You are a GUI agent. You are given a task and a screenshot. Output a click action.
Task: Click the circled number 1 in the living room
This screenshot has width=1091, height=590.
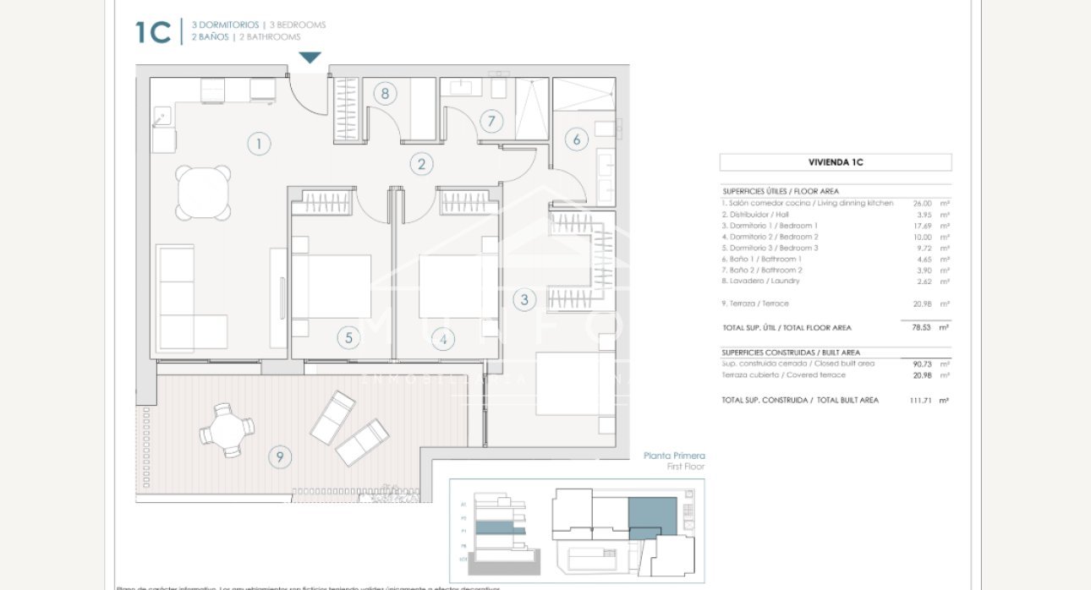(x=259, y=144)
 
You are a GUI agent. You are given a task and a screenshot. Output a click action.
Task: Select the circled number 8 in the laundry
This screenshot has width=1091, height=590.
(x=385, y=93)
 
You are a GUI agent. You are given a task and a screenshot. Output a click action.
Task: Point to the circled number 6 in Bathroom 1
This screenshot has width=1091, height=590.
(x=577, y=139)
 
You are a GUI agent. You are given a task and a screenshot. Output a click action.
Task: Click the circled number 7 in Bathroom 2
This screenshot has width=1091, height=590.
(x=491, y=121)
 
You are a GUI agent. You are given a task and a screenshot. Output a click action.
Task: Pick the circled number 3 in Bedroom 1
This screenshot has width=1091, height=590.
(x=524, y=299)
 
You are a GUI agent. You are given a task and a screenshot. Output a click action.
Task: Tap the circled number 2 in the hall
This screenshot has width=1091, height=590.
(x=421, y=164)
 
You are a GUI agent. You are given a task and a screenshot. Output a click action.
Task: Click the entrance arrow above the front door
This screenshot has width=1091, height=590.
(x=310, y=57)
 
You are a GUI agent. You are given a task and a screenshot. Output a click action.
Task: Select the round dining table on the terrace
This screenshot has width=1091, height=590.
(x=227, y=429)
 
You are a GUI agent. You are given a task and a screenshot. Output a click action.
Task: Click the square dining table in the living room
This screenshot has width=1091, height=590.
(x=203, y=192)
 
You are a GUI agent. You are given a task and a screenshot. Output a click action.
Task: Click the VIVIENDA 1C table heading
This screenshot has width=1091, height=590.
(x=835, y=162)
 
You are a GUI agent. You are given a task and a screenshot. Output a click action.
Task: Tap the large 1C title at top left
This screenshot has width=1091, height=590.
(x=153, y=33)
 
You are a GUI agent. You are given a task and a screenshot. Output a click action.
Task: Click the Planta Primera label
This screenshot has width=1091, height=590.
(x=673, y=456)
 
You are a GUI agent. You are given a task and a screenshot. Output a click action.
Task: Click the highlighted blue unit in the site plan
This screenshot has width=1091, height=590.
(x=652, y=516)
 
